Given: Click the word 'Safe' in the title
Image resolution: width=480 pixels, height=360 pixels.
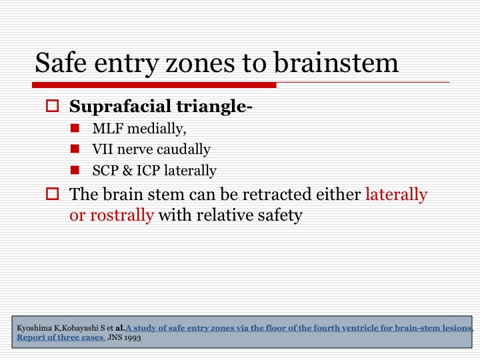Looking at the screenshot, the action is click(61, 63).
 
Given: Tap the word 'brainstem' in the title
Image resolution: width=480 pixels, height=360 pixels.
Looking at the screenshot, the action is click(336, 63).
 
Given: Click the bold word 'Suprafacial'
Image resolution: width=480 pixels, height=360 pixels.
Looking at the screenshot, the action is click(120, 107).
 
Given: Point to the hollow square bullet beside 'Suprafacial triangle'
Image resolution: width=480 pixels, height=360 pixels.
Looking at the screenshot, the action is click(53, 105).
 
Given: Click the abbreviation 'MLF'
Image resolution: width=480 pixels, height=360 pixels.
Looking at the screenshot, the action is click(108, 129).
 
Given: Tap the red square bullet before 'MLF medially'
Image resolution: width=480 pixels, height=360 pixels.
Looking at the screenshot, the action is click(75, 128).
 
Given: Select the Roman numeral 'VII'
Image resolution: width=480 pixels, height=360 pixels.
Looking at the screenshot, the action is click(103, 149).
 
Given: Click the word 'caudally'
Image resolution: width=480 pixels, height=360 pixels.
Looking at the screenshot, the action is click(183, 150).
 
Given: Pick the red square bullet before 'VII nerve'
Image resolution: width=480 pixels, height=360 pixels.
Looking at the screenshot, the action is click(75, 149).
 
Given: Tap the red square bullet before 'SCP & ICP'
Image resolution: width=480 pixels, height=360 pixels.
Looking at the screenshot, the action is click(75, 170).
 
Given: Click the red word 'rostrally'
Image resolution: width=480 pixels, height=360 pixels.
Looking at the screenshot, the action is click(122, 215).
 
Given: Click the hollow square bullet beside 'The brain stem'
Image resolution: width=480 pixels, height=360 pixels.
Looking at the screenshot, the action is click(53, 194).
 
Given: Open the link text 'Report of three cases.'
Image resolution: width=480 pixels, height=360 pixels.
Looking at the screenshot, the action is click(61, 337).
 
